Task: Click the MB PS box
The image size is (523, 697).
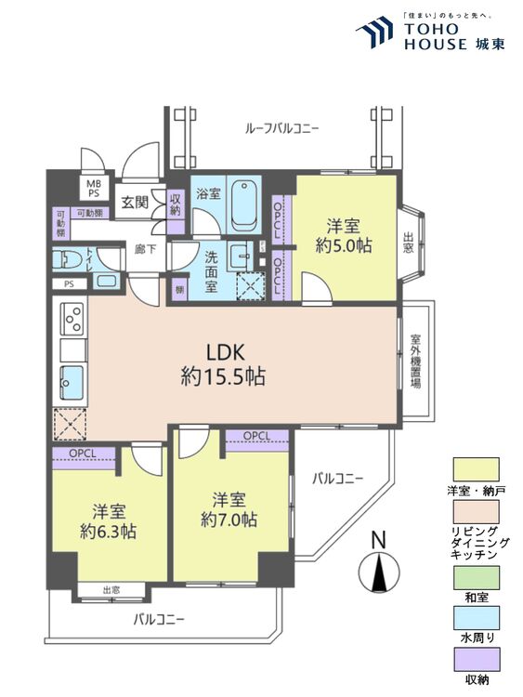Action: click(x=95, y=189)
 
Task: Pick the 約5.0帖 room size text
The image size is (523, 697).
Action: click(x=344, y=247)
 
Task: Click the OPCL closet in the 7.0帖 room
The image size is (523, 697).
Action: click(x=256, y=436)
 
